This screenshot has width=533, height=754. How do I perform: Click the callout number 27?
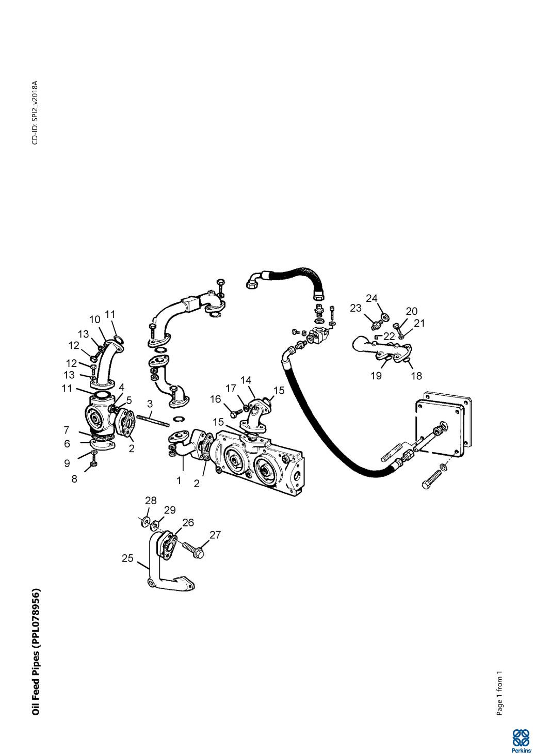tap(215, 535)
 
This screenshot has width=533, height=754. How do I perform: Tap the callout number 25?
tap(127, 558)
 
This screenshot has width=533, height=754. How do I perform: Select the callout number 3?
tap(150, 404)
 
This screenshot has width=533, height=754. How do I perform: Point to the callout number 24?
tap(372, 298)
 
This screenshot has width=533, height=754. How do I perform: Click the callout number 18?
tap(416, 376)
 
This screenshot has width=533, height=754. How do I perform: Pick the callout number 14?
tap(246, 380)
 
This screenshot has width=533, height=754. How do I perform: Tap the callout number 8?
tap(74, 478)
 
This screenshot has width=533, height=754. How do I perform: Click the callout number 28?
tap(150, 500)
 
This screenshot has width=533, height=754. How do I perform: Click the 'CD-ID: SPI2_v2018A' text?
tap(35, 113)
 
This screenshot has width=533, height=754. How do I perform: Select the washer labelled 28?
tap(144, 519)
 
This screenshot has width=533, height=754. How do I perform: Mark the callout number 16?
tap(215, 399)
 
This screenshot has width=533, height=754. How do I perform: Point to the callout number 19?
tap(376, 376)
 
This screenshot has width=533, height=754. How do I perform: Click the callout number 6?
tap(67, 443)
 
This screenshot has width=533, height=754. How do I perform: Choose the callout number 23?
tap(356, 308)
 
